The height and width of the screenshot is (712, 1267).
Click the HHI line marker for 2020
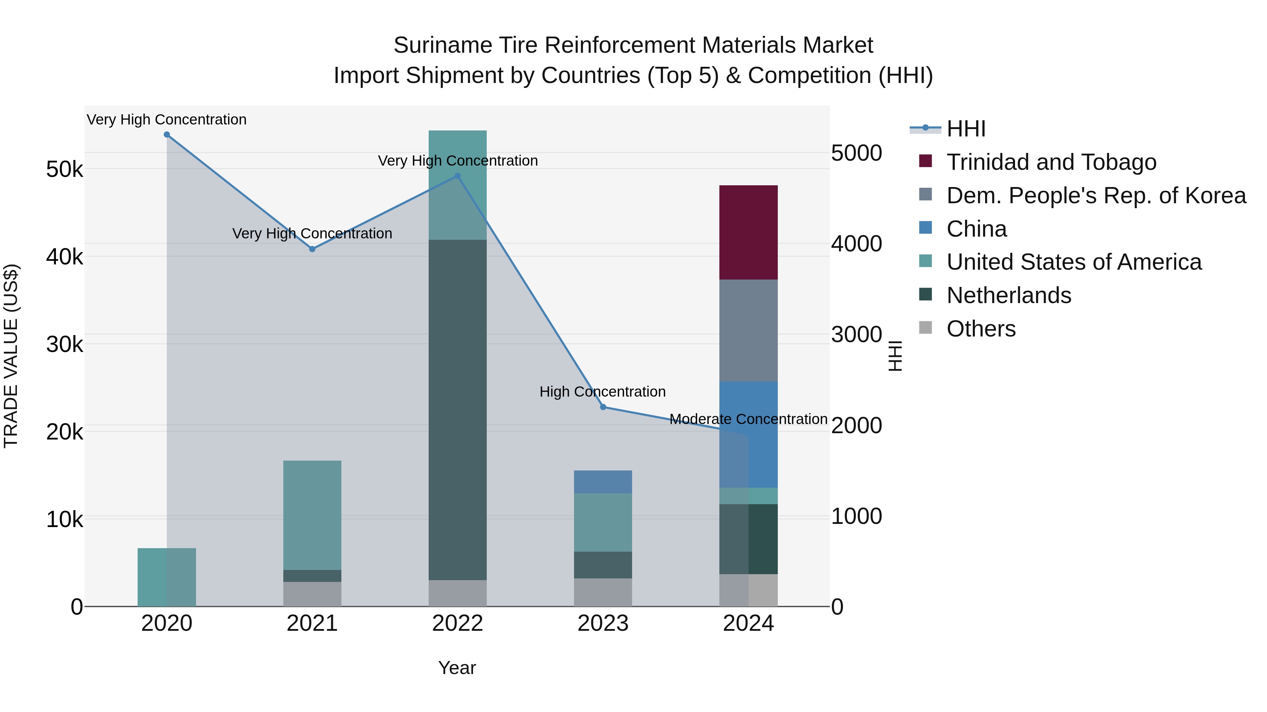[x=167, y=135]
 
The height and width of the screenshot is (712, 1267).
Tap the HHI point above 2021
[x=312, y=249]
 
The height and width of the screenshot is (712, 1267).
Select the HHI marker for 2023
[x=603, y=407]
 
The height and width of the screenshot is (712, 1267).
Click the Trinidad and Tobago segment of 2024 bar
[x=748, y=232]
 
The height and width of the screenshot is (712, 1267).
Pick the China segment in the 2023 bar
[x=603, y=482]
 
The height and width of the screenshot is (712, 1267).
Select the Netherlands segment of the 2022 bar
[x=458, y=410]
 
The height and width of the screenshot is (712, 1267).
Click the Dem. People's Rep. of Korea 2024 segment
[x=748, y=330]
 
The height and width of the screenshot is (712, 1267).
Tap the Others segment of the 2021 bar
[x=312, y=594]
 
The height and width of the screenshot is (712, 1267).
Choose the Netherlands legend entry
[x=1008, y=295]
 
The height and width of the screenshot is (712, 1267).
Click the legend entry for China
[x=976, y=229]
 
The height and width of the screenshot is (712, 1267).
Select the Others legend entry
[x=981, y=329]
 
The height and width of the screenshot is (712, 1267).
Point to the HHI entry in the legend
[x=965, y=129]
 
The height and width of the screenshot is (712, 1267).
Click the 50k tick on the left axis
[x=64, y=169]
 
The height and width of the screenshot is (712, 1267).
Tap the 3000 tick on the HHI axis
[x=856, y=335]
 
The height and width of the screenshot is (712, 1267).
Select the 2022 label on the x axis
[x=458, y=623]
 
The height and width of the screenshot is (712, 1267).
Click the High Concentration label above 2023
[x=603, y=392]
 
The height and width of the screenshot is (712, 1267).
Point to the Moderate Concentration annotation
[x=748, y=419]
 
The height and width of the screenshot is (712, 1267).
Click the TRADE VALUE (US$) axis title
[x=11, y=356]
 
